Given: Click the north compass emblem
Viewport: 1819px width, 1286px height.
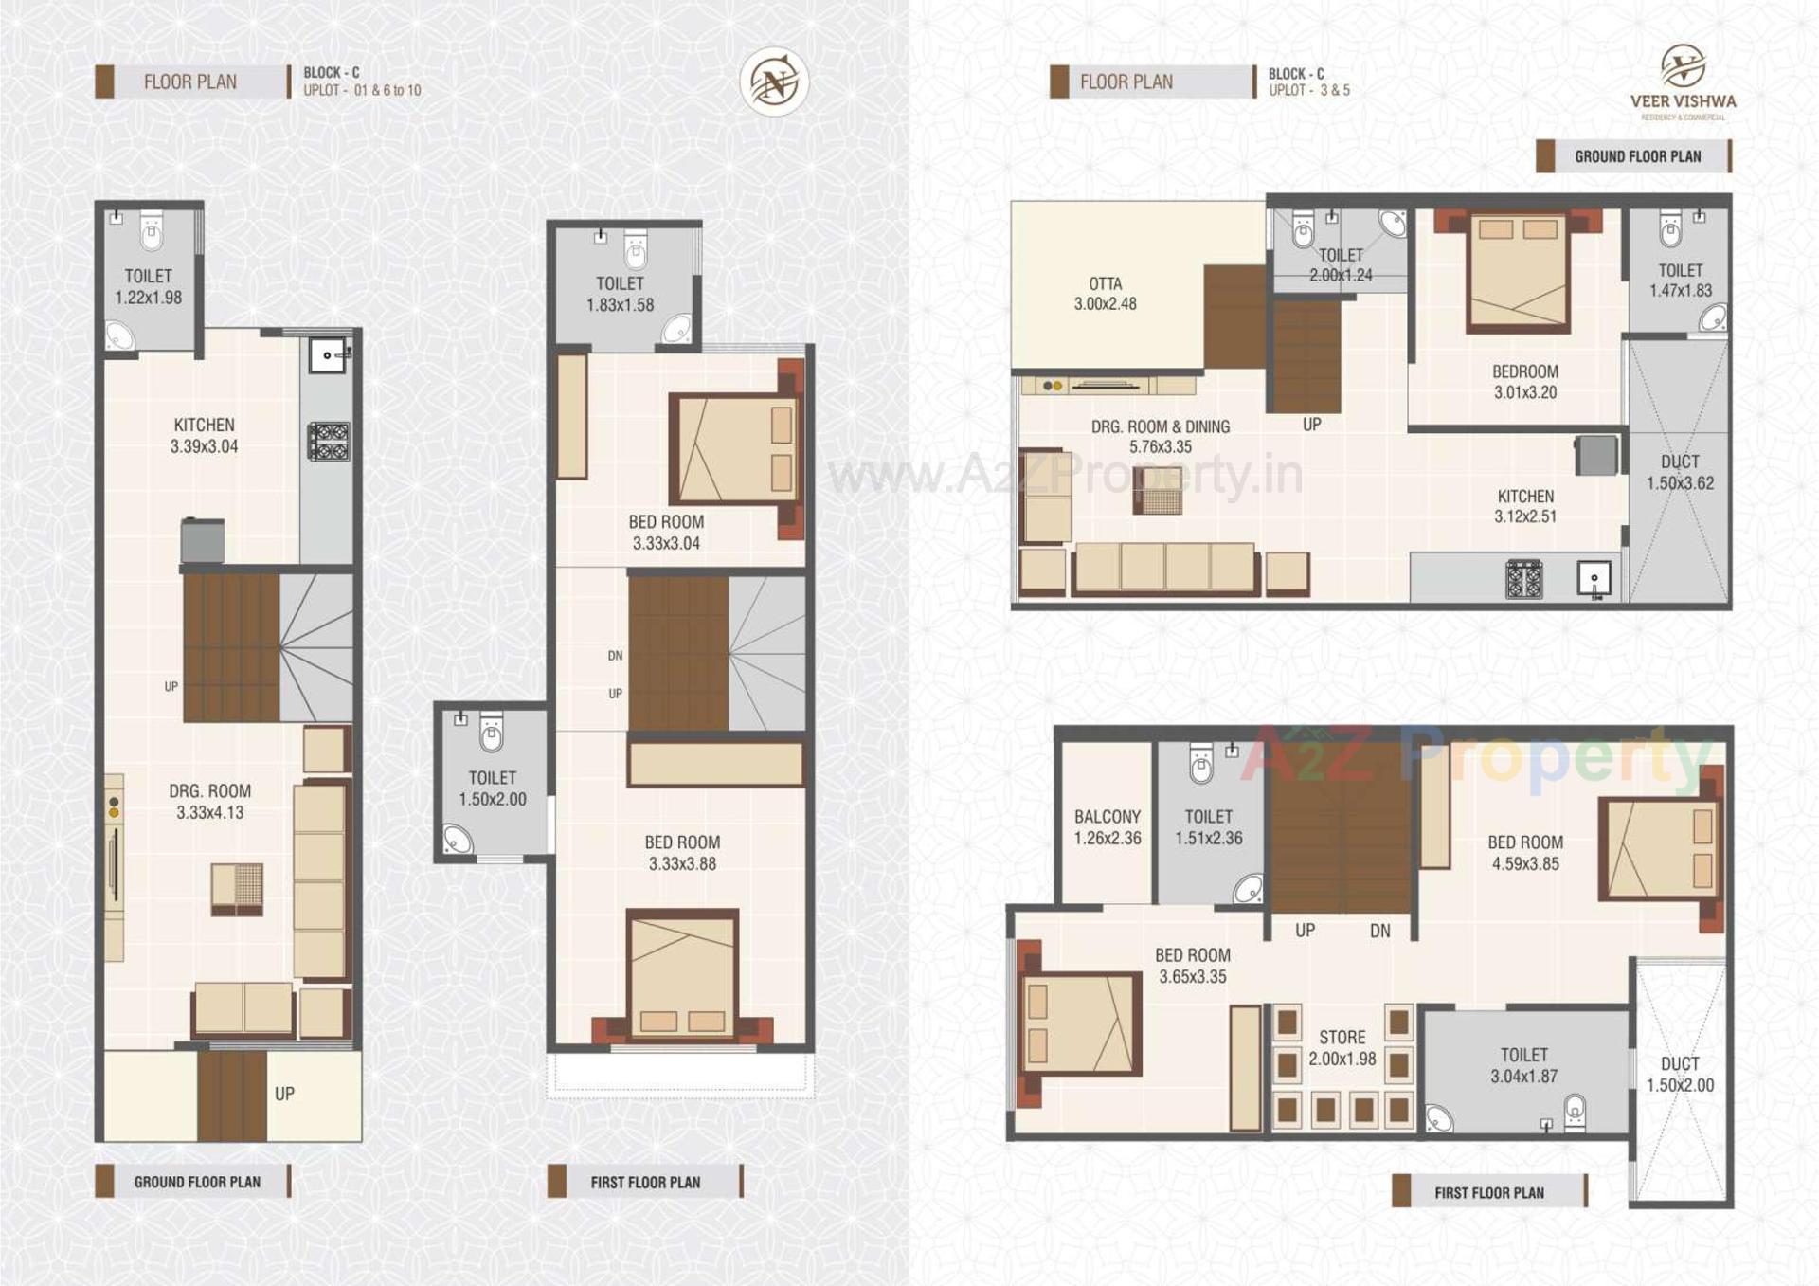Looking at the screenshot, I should pos(774,82).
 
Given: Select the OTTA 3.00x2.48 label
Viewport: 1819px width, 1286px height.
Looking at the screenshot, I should pos(1105,294).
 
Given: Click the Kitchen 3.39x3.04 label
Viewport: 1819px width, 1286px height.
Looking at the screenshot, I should pos(204,435).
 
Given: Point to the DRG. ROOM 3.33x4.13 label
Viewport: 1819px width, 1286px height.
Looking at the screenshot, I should pos(209,801).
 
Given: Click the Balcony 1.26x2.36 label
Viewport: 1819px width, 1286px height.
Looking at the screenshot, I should pos(1107,826).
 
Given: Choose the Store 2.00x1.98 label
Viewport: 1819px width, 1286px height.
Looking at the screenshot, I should pos(1342,1047).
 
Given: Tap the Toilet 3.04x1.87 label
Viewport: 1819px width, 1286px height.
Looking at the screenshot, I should pos(1523,1065).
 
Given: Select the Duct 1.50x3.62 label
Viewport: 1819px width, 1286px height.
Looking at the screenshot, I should pos(1679,472).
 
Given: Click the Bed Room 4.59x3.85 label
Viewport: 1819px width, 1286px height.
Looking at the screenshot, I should pos(1524,852).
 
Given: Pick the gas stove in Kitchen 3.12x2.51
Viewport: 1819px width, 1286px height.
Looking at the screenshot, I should pos(1524,579).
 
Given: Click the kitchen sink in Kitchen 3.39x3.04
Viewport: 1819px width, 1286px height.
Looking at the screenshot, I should pos(328,355).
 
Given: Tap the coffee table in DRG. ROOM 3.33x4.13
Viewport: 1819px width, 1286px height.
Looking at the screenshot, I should pos(237,889).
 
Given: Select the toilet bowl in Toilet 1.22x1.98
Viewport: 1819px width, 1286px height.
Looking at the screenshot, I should pos(152,230).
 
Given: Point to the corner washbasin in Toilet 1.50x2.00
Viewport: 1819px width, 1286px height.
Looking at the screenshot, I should pos(459,840).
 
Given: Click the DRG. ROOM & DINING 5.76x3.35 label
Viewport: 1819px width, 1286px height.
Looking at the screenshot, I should pos(1160,436).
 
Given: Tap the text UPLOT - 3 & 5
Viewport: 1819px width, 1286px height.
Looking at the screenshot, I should pos(1308,90).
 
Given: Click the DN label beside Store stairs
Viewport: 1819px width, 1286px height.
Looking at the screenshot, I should pos(1379,931).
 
